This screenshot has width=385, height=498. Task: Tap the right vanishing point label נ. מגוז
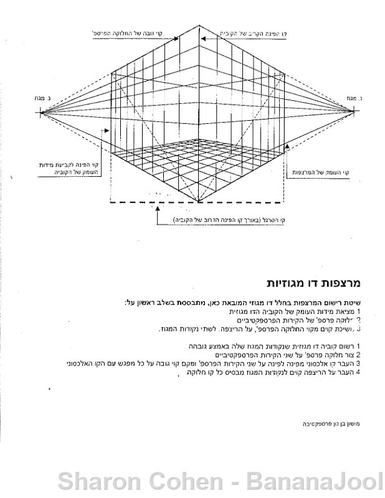(356, 98)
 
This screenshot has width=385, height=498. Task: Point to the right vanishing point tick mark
(356, 112)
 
